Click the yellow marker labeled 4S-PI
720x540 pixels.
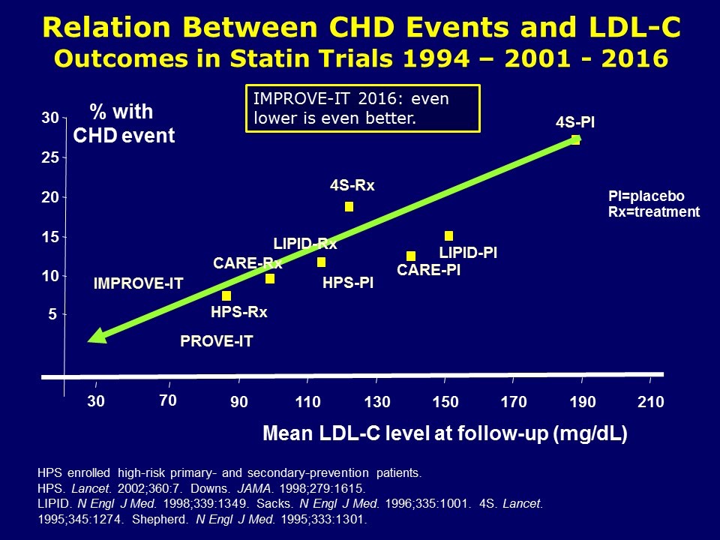point(575,139)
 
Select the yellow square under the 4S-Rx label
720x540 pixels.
point(349,206)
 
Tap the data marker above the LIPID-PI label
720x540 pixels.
point(448,236)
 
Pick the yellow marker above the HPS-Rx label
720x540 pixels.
point(226,295)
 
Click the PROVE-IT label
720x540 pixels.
point(217,342)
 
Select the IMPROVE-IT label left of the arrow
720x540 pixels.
point(139,283)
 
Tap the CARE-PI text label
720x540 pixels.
point(428,270)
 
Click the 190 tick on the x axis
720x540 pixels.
point(583,402)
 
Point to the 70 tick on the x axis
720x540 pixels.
point(167,400)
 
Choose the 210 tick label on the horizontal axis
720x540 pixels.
point(651,402)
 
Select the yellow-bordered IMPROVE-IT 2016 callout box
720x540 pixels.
point(362,108)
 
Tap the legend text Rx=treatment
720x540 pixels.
point(653,211)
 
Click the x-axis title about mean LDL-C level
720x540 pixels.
point(445,433)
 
